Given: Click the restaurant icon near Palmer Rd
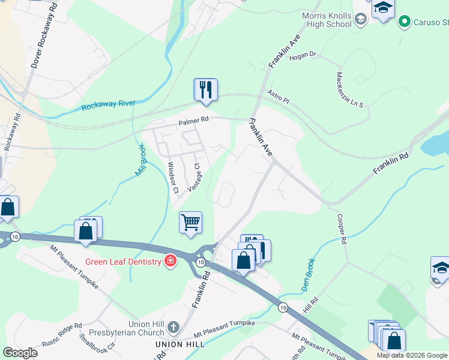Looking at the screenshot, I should (205, 89).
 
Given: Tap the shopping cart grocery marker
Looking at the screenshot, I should (191, 223).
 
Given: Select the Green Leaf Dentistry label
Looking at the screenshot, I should (123, 261).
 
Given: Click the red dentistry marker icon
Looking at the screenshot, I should (171, 261).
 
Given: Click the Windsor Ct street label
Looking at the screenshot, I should (173, 178).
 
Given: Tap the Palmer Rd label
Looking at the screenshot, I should (193, 120).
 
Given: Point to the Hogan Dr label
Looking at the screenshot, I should (302, 55).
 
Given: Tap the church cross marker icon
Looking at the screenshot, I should (173, 328).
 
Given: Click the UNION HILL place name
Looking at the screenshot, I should (180, 344).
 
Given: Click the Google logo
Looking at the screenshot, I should (20, 352).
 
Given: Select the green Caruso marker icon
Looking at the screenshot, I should (405, 22).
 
